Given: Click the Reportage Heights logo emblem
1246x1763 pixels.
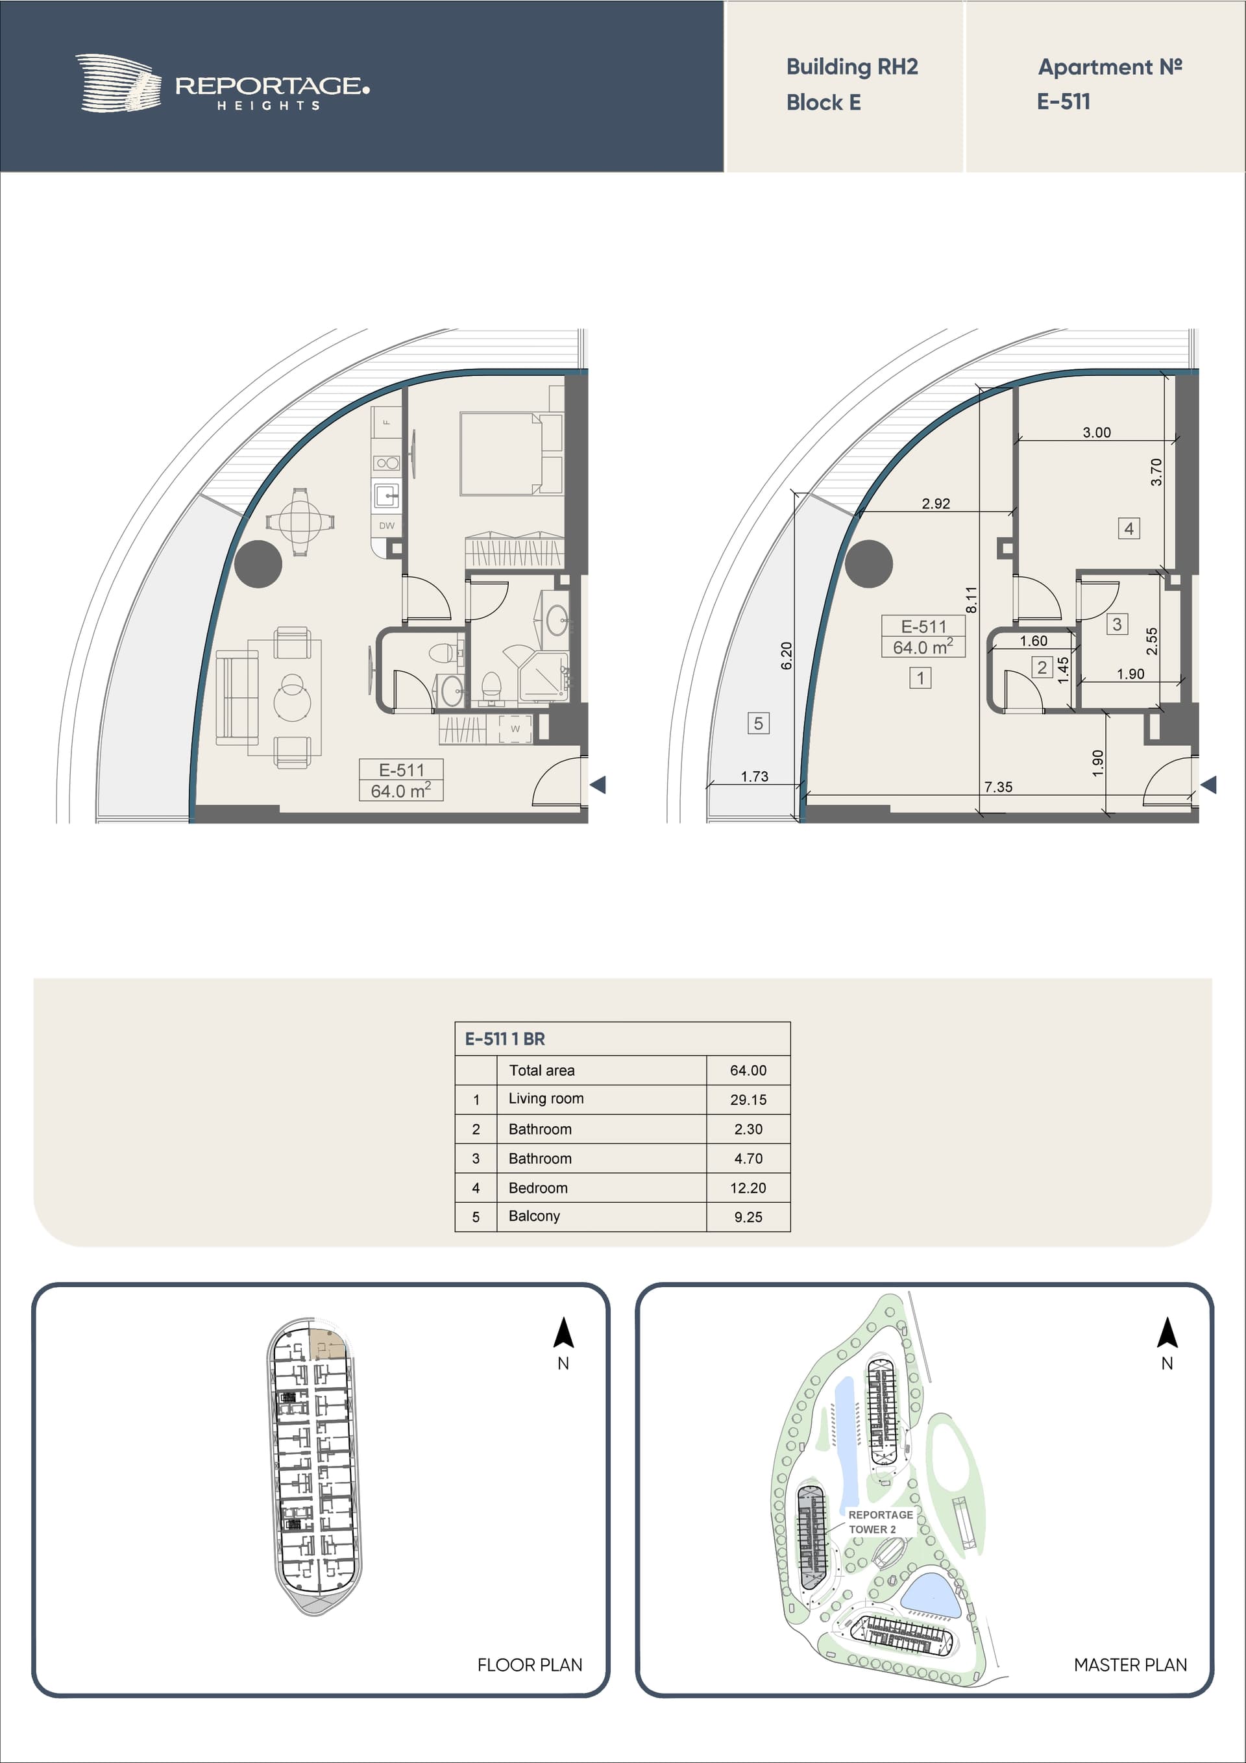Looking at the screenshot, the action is click(118, 83).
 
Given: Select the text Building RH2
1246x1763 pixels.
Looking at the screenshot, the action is click(852, 68).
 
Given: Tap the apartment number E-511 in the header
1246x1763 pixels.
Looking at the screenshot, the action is click(1063, 101).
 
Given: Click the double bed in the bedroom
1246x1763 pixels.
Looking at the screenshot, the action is click(511, 454).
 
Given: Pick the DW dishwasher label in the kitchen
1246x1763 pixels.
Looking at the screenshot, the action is click(387, 526).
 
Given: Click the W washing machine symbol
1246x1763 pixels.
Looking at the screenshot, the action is click(515, 729).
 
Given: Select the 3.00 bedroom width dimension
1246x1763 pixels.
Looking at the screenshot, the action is click(1097, 432).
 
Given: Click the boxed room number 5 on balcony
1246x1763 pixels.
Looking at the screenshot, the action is click(759, 723).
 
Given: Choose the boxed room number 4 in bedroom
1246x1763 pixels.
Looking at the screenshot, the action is click(1129, 528).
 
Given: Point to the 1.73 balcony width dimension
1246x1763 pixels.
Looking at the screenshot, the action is click(755, 776).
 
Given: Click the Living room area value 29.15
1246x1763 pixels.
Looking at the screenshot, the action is click(748, 1100).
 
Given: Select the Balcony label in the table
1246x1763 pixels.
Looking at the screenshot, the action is click(534, 1216).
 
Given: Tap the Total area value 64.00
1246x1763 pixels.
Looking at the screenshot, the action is click(748, 1070).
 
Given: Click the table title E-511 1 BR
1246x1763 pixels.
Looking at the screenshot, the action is click(505, 1039).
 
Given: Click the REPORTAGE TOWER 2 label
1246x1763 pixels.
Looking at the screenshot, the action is click(881, 1522).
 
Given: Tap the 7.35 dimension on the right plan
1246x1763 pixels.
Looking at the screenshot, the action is click(998, 787).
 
